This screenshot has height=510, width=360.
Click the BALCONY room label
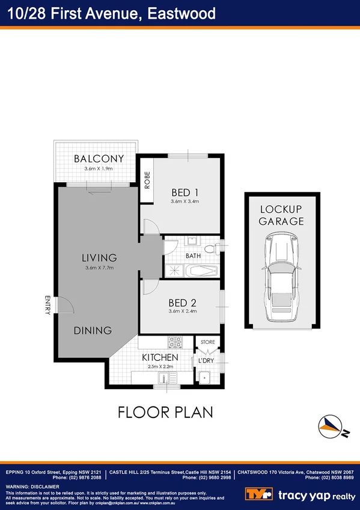[99, 159]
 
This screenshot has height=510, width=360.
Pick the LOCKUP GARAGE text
[281, 215]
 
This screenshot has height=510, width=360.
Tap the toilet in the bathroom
[210, 248]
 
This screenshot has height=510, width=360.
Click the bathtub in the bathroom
[201, 271]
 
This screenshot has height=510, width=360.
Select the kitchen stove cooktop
[175, 342]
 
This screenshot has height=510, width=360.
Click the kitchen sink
[163, 378]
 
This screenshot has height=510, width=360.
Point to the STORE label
[208, 342]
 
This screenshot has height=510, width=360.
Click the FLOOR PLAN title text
[165, 413]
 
